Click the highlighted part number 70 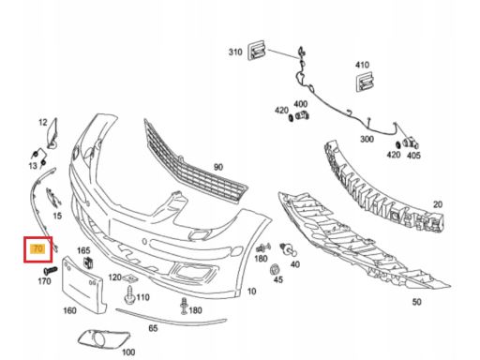coord(37,249)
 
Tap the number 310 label coord(235,52)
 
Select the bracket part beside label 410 coord(365,82)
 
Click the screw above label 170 coord(51,270)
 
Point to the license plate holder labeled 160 coord(82,285)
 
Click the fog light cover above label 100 coord(103,338)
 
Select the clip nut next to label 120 coord(131,277)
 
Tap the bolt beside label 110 coord(129,294)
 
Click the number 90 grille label coord(218,167)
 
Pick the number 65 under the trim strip coord(153,328)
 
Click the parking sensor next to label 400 coord(303,115)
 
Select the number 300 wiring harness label coord(367,139)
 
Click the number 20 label coord(438,204)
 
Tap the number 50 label coord(416,302)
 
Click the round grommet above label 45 coord(275,269)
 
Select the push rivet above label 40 coord(288,248)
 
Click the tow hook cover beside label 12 coord(52,133)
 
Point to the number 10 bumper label coord(251,292)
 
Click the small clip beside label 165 coord(88,262)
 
